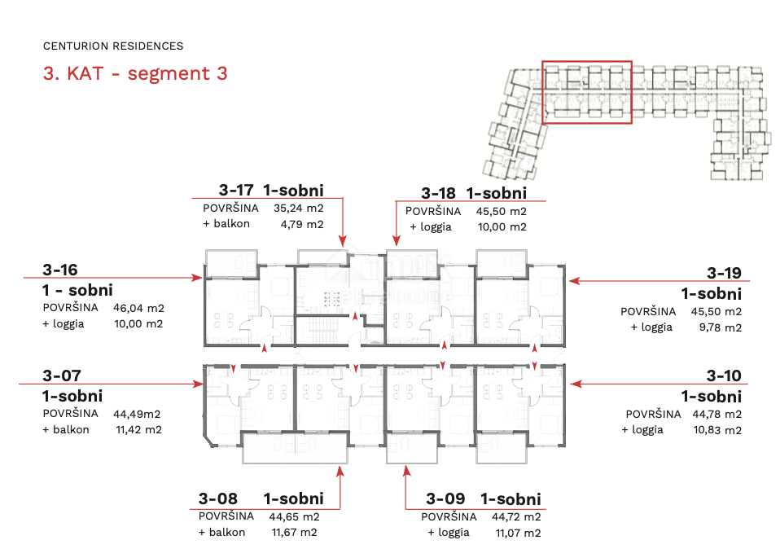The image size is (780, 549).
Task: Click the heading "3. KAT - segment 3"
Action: click(135, 73)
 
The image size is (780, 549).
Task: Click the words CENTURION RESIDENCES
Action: click(113, 46)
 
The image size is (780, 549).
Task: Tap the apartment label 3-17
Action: click(236, 190)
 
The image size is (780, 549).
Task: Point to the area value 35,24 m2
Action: click(299, 208)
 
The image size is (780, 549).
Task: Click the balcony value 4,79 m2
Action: click(302, 224)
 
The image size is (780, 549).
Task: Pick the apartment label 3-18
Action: click(438, 192)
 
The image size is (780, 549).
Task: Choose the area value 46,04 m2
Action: click(138, 308)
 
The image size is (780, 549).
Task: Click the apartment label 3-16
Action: click(60, 270)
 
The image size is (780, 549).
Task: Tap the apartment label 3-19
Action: click(725, 273)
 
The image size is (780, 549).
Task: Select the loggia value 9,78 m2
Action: click(721, 327)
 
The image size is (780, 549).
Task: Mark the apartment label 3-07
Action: click(62, 376)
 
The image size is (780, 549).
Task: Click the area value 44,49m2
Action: click(137, 414)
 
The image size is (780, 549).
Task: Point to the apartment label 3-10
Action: click(724, 376)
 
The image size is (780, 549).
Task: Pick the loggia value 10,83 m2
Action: click(717, 430)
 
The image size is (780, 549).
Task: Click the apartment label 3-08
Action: click(218, 498)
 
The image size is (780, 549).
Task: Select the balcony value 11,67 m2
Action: click(295, 533)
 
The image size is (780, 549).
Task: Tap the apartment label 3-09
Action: click(445, 498)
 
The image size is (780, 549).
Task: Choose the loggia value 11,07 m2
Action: click(519, 533)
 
